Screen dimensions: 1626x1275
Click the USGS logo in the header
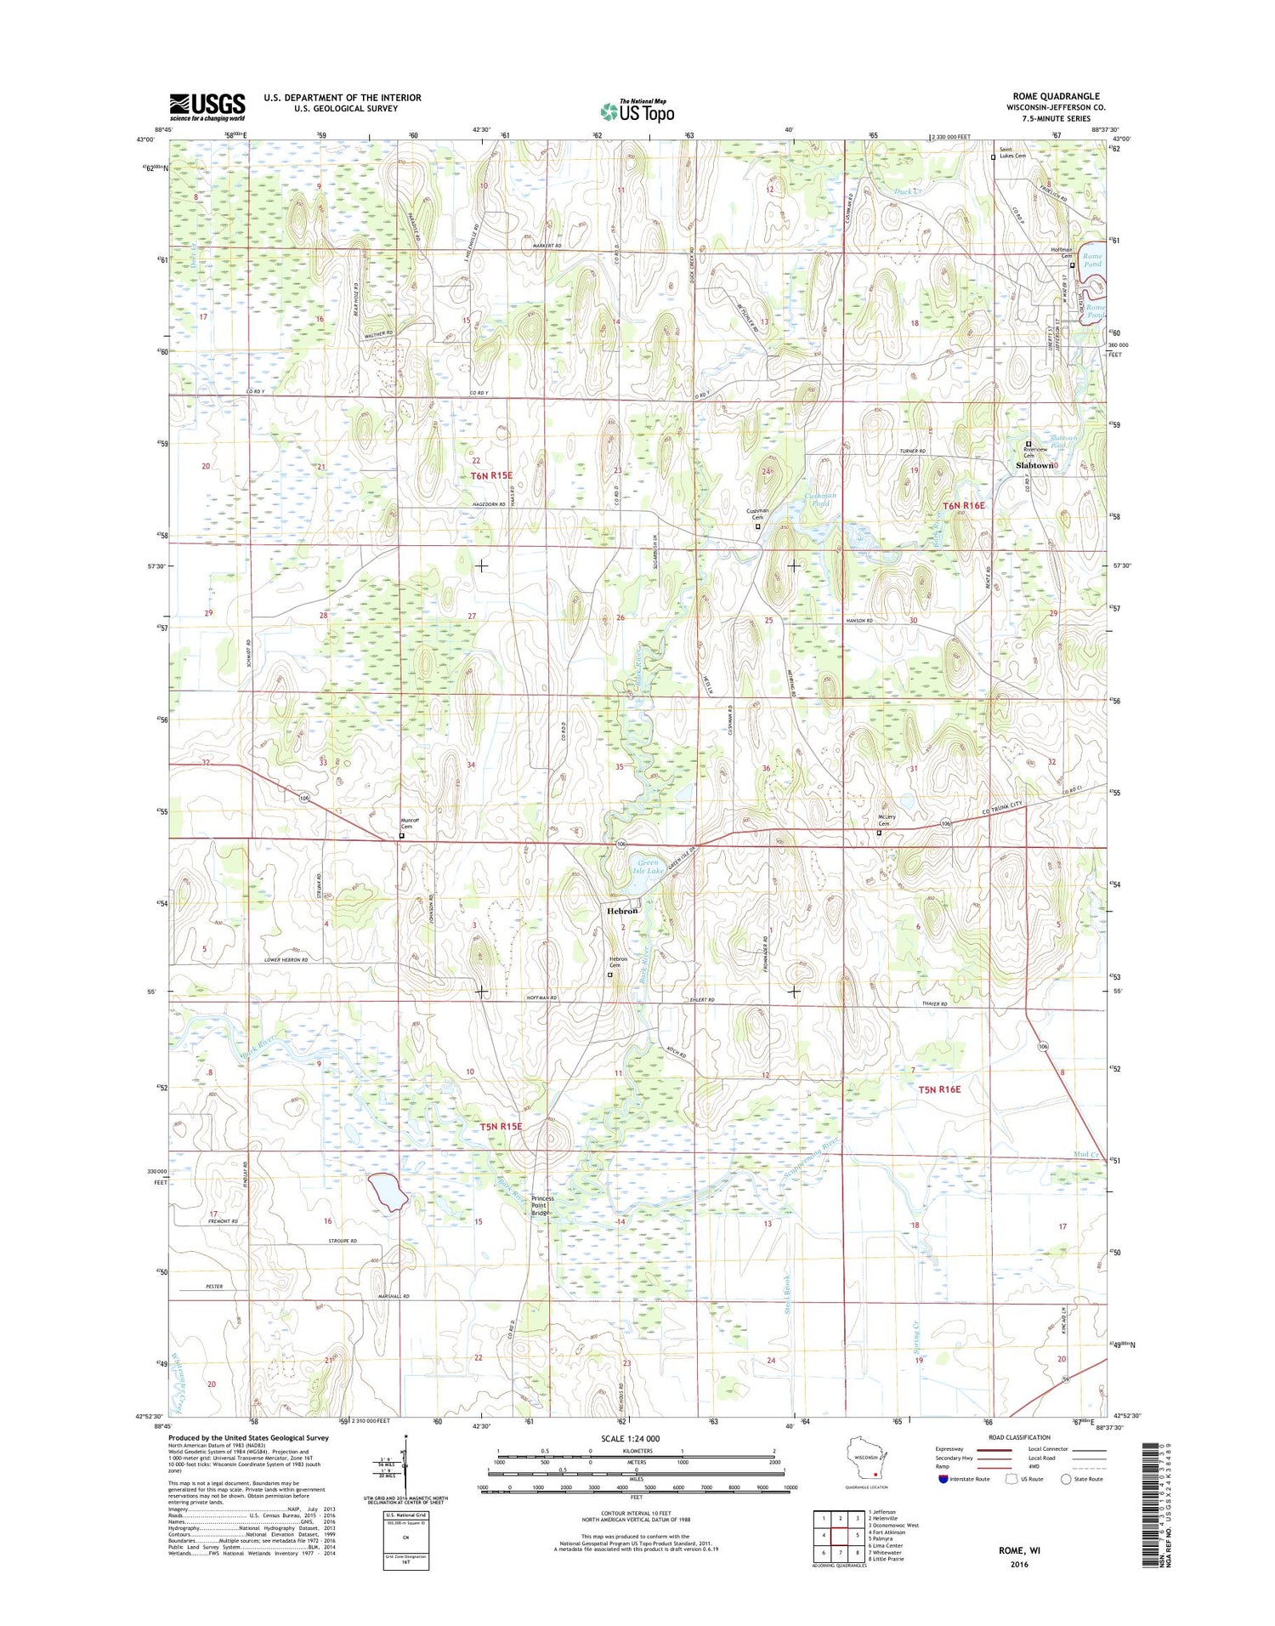pos(207,106)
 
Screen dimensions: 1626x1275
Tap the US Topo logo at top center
pos(637,111)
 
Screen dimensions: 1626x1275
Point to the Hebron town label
pos(622,911)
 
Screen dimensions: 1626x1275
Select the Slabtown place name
pos(1035,466)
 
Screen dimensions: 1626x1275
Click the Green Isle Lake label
pos(649,867)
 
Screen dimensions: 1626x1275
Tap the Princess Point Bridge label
pos(542,1205)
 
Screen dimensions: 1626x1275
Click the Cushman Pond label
pos(820,499)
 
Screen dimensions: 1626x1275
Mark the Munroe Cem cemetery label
pos(407,822)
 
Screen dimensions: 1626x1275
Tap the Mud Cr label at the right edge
pos(1087,1154)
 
